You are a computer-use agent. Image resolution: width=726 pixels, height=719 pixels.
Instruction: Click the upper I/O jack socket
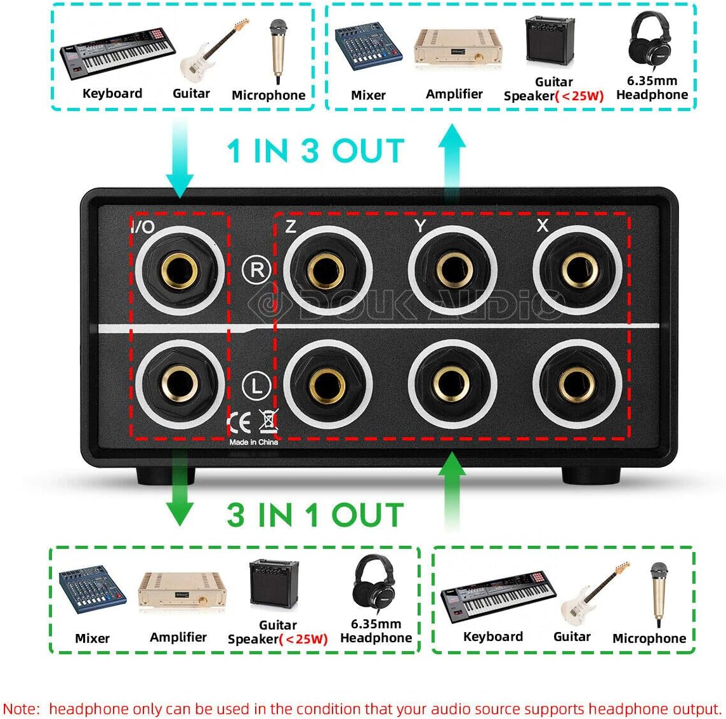pyautogui.click(x=180, y=270)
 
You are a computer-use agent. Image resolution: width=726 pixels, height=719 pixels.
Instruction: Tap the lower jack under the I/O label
pyautogui.click(x=180, y=384)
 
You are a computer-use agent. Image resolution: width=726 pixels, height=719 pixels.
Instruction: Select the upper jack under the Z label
pyautogui.click(x=327, y=270)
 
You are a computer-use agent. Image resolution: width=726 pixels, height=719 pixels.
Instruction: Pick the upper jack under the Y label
pyautogui.click(x=453, y=270)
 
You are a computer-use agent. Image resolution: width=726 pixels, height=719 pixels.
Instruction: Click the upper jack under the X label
pyautogui.click(x=577, y=270)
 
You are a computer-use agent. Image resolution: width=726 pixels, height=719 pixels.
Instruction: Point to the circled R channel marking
pyautogui.click(x=256, y=270)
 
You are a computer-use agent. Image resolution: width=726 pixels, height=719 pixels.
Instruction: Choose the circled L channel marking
pyautogui.click(x=256, y=385)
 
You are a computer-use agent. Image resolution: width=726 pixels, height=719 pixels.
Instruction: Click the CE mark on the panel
pyautogui.click(x=239, y=422)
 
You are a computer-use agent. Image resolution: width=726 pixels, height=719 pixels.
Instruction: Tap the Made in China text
pyautogui.click(x=253, y=442)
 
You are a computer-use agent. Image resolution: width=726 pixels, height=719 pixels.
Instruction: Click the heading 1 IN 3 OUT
pyautogui.click(x=316, y=151)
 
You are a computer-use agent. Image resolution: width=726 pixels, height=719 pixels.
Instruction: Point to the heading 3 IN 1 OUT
pyautogui.click(x=315, y=515)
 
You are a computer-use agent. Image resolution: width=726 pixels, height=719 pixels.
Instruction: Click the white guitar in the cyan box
pyautogui.click(x=214, y=51)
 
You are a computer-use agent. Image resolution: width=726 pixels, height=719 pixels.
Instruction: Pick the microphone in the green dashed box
pyautogui.click(x=659, y=595)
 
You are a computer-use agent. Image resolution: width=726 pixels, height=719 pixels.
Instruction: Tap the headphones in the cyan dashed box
pyautogui.click(x=650, y=41)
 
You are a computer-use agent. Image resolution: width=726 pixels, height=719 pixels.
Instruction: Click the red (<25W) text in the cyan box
pyautogui.click(x=579, y=96)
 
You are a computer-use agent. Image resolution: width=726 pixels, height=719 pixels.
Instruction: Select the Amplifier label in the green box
pyautogui.click(x=178, y=638)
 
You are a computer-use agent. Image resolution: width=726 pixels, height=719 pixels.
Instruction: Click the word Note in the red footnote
pyautogui.click(x=22, y=709)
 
